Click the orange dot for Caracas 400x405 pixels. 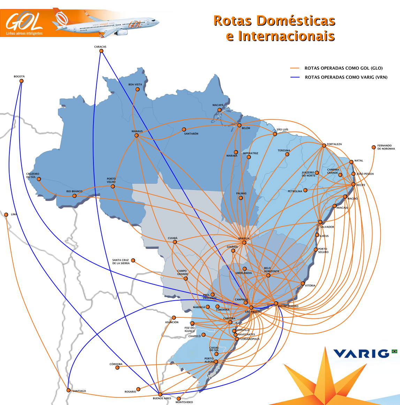(x=101, y=51)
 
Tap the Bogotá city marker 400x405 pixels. (x=21, y=81)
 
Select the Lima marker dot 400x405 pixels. (x=6, y=215)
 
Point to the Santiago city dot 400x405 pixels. (x=68, y=390)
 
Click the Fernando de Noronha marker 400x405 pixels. (x=373, y=147)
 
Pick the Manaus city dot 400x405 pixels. (x=136, y=135)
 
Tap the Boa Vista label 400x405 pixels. (x=135, y=84)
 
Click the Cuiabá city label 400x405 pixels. (x=173, y=238)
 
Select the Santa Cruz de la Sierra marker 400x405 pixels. (x=133, y=260)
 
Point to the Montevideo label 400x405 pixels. (x=184, y=402)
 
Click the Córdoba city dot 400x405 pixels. (x=118, y=367)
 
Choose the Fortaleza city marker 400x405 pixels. (x=324, y=145)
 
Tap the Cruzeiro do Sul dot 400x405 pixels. (x=39, y=179)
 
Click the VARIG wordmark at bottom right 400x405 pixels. (x=361, y=354)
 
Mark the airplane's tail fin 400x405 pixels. (x=61, y=17)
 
